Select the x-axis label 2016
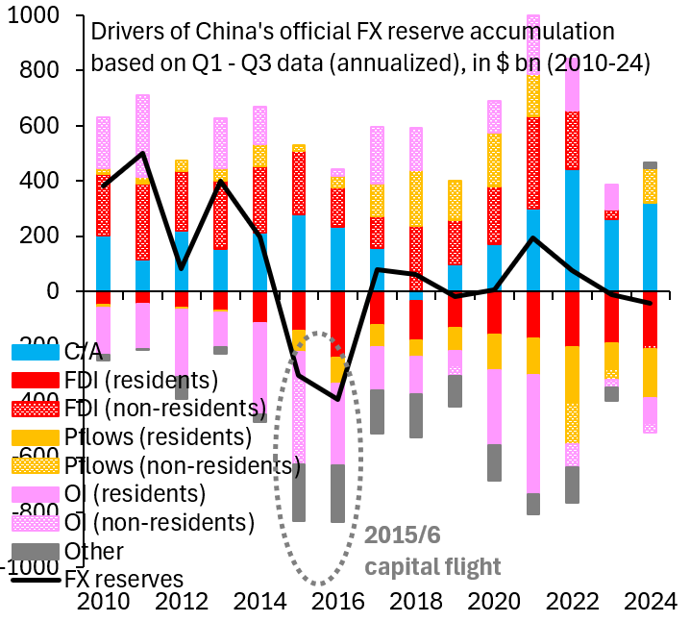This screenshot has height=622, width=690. click(336, 603)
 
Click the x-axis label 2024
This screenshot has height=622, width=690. click(650, 603)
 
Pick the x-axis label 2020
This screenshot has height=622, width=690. click(493, 603)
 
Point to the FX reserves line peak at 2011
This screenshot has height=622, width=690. click(142, 153)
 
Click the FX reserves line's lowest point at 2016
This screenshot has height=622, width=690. click(336, 398)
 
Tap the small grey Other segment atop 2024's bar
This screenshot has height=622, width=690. click(650, 165)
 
